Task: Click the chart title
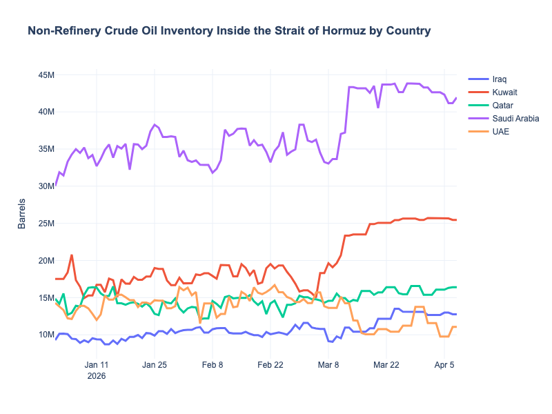coord(229,31)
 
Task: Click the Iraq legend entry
coord(500,79)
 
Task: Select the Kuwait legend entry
coord(505,92)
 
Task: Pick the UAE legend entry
coord(500,132)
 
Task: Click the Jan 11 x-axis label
coord(97,365)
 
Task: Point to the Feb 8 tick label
coord(213,365)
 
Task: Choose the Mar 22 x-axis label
coord(386,365)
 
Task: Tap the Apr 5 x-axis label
coord(444,365)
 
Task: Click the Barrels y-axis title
coord(22,214)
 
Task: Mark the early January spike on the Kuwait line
coord(72,255)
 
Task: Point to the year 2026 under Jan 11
coord(97,377)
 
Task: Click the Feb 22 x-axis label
coord(270,365)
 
